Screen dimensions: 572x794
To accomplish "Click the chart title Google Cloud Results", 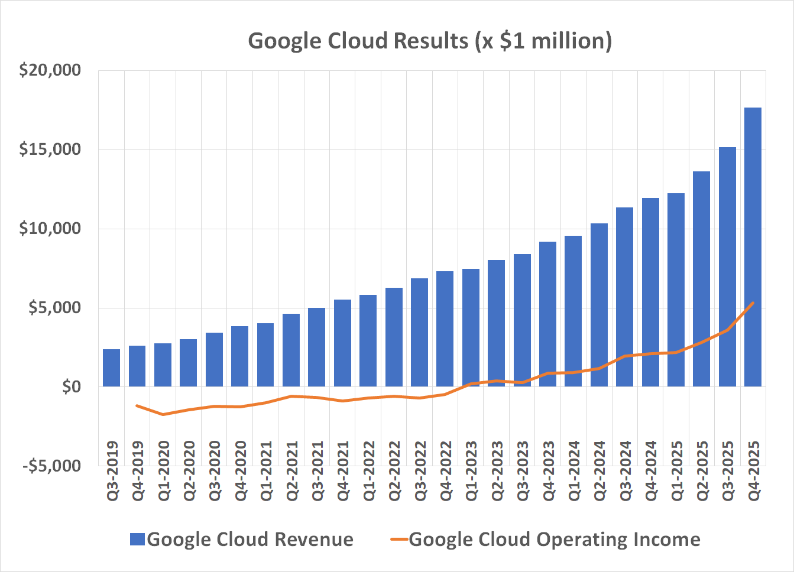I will tap(430, 41).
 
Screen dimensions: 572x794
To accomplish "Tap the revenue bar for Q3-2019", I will tap(112, 368).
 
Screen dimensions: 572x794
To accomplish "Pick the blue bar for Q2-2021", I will tap(291, 350).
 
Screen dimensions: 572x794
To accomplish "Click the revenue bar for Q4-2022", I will tap(445, 329).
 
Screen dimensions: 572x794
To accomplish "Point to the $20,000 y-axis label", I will tap(50, 70).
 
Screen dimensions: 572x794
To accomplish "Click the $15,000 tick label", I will tap(50, 149).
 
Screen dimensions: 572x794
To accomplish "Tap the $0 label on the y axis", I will tap(71, 387).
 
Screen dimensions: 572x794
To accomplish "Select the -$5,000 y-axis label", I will tap(51, 466).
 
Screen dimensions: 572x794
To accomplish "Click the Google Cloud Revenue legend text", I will tap(250, 539).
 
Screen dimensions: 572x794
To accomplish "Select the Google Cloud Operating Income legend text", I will tap(555, 539).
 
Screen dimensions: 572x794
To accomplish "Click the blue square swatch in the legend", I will tap(137, 539).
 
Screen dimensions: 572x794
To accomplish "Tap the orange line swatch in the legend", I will tap(400, 539).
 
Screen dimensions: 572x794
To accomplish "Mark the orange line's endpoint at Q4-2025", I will tap(753, 303).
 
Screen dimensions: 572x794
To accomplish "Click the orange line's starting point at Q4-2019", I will tap(137, 405).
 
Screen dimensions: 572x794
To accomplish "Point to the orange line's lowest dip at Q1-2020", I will tap(163, 414).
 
